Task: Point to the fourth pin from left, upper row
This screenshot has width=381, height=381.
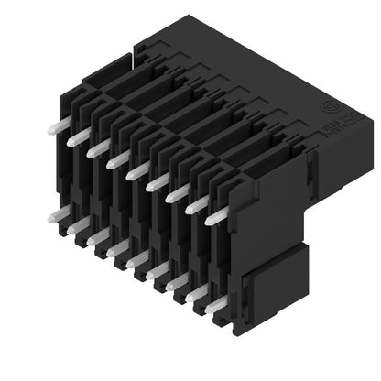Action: point(116,160)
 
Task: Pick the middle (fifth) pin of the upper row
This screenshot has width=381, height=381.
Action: point(136,172)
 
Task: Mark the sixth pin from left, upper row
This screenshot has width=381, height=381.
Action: point(157,184)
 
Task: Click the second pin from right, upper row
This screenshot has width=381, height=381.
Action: point(196,207)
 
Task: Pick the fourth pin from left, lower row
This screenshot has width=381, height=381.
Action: point(117,249)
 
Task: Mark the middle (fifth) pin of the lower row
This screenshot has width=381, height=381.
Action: point(137,261)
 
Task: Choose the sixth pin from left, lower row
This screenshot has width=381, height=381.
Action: point(158,272)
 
